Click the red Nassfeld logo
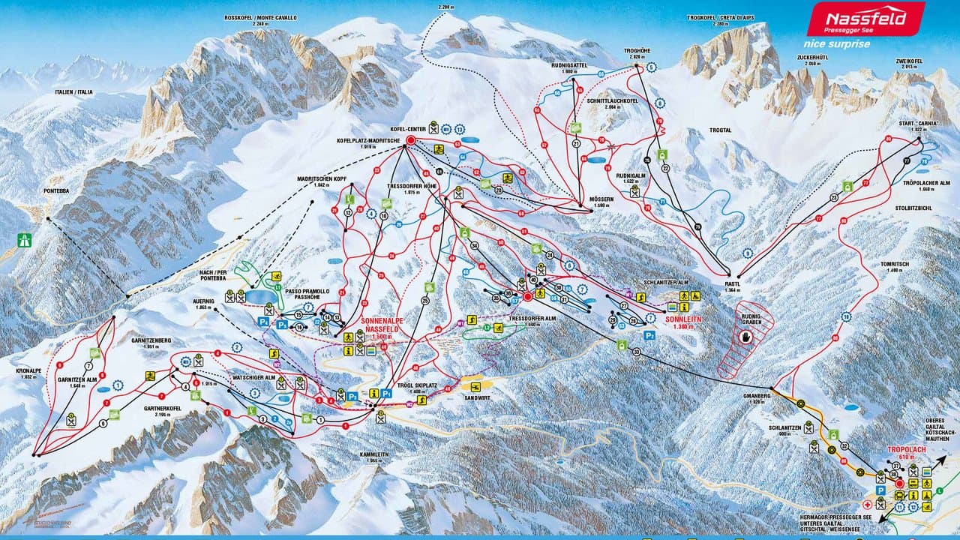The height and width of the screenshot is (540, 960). pos(865,19)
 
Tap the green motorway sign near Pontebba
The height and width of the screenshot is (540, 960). pos(25,240)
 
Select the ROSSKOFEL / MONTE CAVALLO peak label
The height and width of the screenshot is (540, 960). pos(260,16)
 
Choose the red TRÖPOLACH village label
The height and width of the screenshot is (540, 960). pos(902,458)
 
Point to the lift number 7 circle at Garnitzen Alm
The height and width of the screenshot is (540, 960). pos(88,367)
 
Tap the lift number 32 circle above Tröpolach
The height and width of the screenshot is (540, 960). pos(844,445)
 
